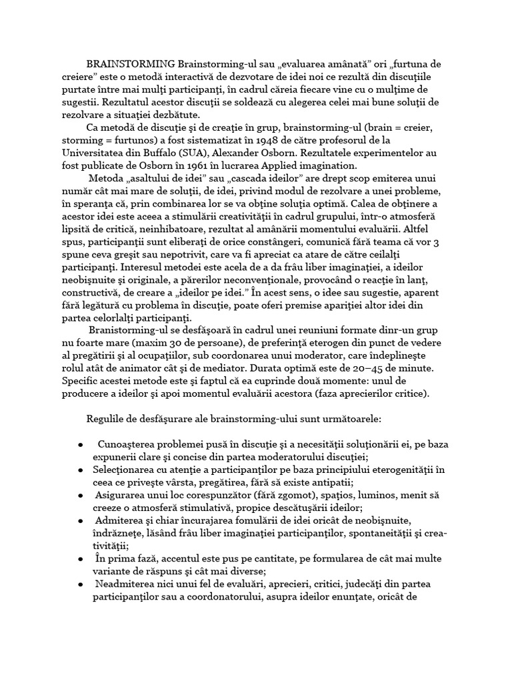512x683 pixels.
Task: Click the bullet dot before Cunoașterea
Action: [80, 445]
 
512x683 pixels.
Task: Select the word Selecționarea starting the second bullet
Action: [133, 471]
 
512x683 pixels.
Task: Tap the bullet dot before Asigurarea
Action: [80, 496]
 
